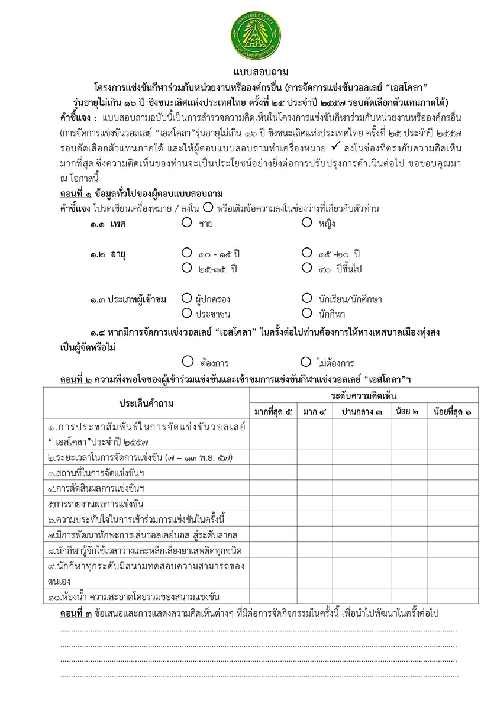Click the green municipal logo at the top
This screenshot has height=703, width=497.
pos(248,33)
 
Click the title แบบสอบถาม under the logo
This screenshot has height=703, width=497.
pos(248,72)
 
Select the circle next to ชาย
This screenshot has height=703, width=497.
pos(187,223)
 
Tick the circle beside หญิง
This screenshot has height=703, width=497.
pos(306,223)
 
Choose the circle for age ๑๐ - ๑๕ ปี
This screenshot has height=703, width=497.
pos(187,253)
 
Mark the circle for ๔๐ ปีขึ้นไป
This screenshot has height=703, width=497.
pos(306,267)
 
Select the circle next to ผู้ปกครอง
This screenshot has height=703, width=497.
pos(187,298)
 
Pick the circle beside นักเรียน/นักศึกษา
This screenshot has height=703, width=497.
pos(306,298)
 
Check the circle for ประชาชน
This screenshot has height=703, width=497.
pos(187,312)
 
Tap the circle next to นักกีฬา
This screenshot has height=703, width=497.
pos(306,312)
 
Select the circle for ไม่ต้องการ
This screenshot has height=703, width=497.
pos(306,361)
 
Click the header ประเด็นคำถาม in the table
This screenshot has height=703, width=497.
pos(147,403)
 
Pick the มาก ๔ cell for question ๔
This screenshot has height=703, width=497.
pos(314,489)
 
